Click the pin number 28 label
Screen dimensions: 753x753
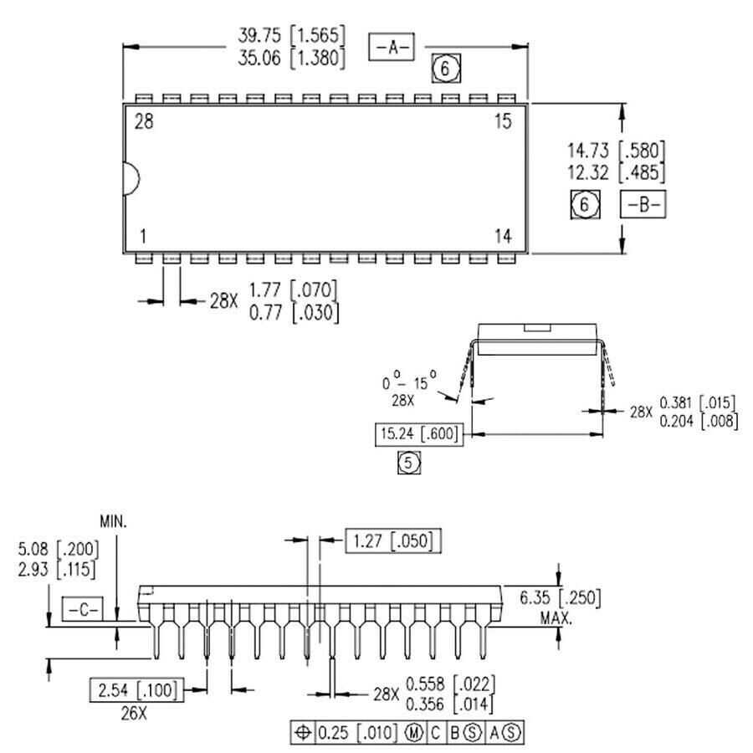pos(144,122)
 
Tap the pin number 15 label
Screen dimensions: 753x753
pos(502,122)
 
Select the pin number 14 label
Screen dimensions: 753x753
pos(502,237)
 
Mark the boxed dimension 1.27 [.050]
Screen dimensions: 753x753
pos(392,541)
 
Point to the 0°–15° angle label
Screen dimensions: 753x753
pos(411,384)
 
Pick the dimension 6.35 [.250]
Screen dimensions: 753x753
pos(560,598)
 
